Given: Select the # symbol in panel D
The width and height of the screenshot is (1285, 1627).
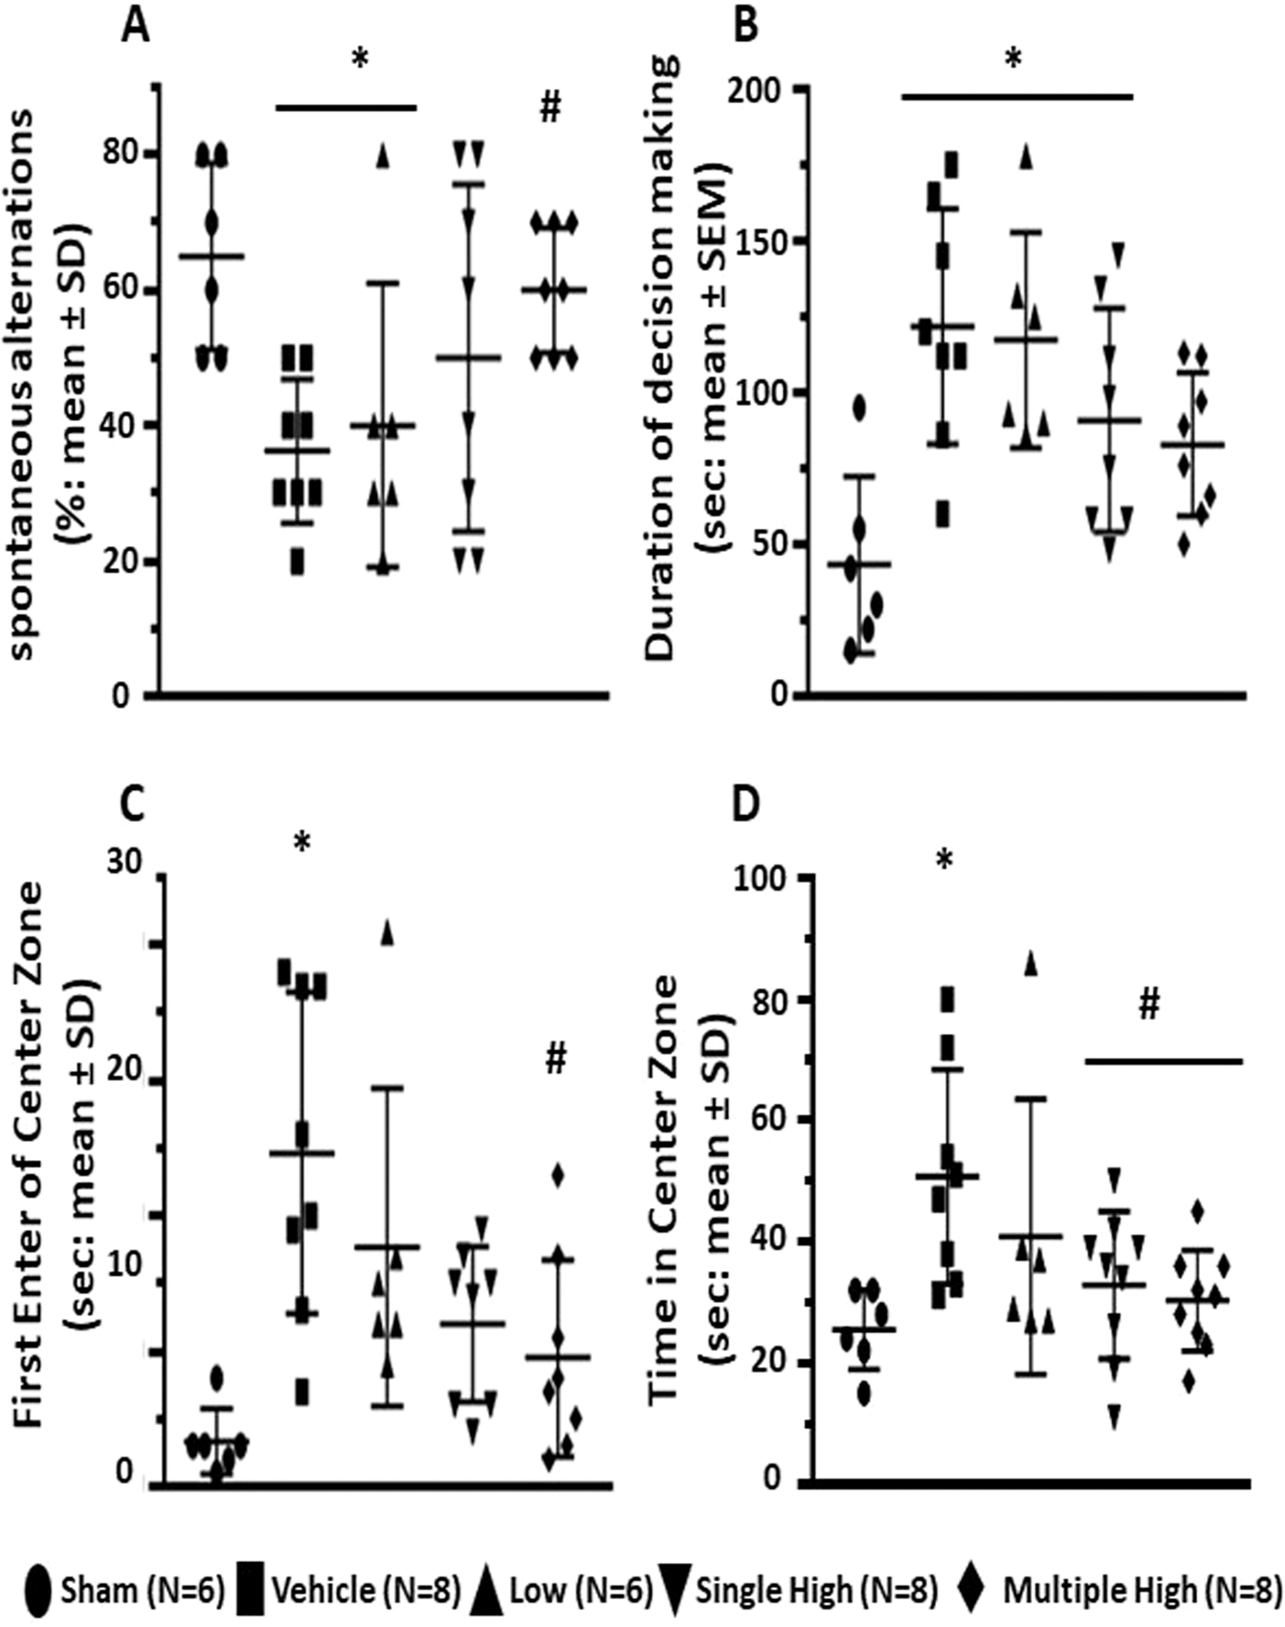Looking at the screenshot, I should click(1149, 1005).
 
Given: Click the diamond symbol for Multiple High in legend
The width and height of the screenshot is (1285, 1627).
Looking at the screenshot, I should click(973, 1590).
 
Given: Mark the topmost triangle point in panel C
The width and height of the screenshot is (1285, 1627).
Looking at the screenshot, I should click(388, 933).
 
